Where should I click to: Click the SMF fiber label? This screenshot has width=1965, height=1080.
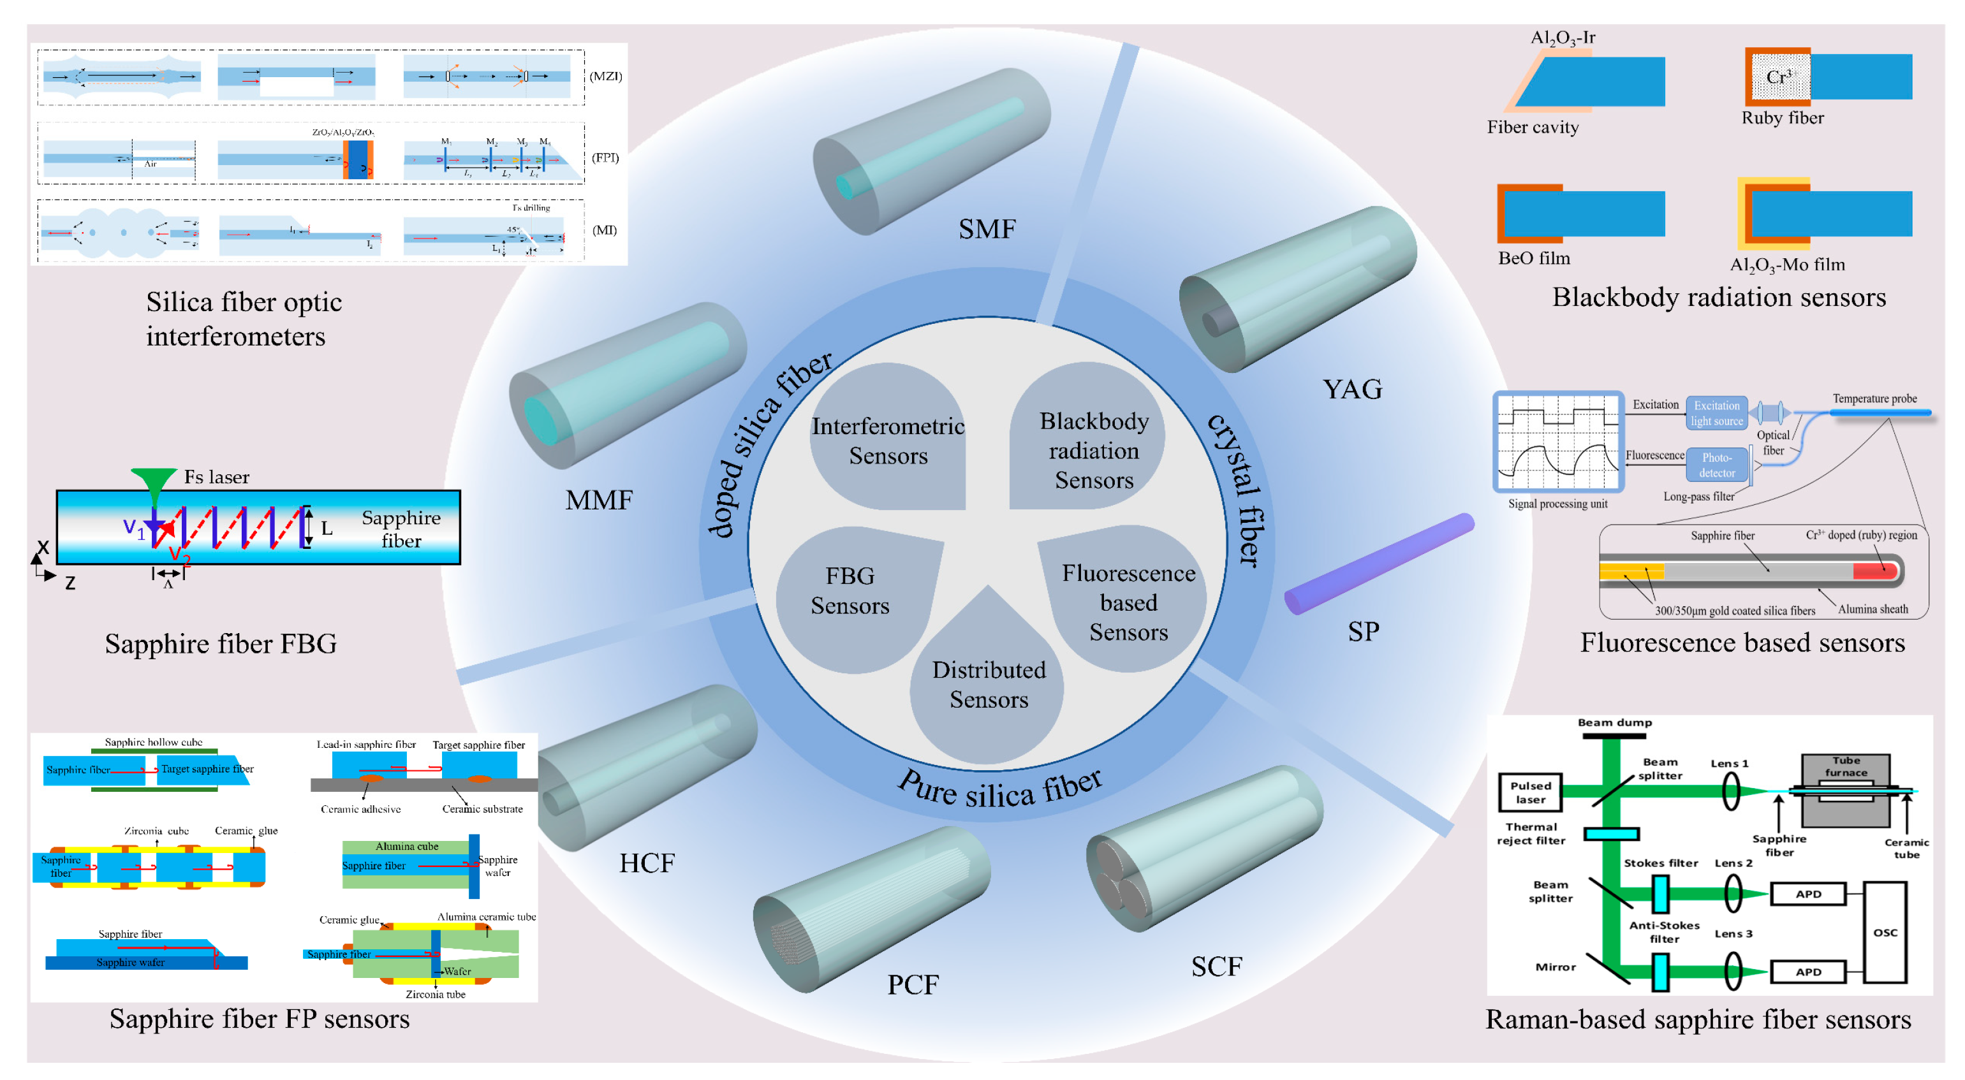pyautogui.click(x=987, y=229)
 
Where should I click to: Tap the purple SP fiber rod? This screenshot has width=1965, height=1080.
pyautogui.click(x=1379, y=563)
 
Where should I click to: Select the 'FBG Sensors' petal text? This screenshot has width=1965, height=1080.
pyautogui.click(x=850, y=590)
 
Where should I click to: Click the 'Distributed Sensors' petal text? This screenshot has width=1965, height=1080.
pyautogui.click(x=989, y=684)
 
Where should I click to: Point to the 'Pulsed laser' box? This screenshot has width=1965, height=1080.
pyautogui.click(x=1530, y=792)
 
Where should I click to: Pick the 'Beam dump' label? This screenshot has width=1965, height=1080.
pyautogui.click(x=1614, y=722)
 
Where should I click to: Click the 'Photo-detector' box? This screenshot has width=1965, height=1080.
pyautogui.click(x=1716, y=465)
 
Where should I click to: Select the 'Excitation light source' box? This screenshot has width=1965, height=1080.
pyautogui.click(x=1716, y=413)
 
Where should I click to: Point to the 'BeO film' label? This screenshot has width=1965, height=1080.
pyautogui.click(x=1533, y=258)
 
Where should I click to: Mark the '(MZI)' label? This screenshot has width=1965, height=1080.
pyautogui.click(x=606, y=77)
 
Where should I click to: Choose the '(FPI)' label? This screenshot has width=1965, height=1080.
pyautogui.click(x=606, y=158)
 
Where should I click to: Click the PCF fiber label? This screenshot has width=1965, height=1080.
pyautogui.click(x=912, y=984)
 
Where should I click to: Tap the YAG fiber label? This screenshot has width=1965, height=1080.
pyautogui.click(x=1351, y=389)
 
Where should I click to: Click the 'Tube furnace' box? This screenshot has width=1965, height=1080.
pyautogui.click(x=1845, y=766)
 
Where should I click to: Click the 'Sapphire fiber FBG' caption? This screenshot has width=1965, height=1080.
pyautogui.click(x=221, y=644)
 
